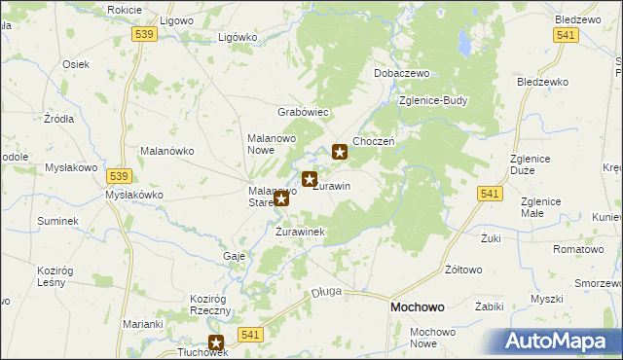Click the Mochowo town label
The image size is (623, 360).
pyautogui.click(x=418, y=306)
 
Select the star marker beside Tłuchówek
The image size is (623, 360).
pyautogui.click(x=216, y=342)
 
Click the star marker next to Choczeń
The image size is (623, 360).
pyautogui.click(x=340, y=151)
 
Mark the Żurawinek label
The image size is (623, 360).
pyautogui.click(x=300, y=232)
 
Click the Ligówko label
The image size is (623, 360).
pyautogui.click(x=238, y=37)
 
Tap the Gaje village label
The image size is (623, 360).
pyautogui.click(x=234, y=255)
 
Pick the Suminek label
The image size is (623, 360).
pyautogui.click(x=58, y=222)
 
